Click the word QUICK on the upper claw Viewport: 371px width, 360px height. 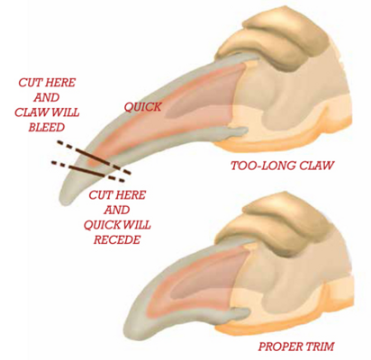click(143, 106)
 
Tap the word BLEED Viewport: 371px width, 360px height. click(47, 127)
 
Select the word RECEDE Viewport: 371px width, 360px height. click(117, 239)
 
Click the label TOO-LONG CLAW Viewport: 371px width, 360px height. click(282, 166)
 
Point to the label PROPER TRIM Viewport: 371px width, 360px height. click(296, 346)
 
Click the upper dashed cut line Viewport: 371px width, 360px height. click(94, 157)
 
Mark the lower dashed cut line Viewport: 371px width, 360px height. click(87, 172)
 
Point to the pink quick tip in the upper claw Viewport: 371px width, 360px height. click(93, 162)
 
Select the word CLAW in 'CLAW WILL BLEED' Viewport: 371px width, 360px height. click(29, 112)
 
